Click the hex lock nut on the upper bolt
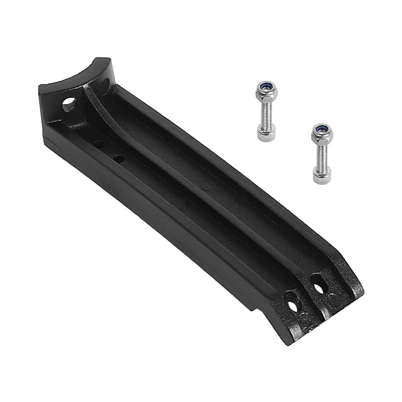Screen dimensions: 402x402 pyautogui.click(x=266, y=92)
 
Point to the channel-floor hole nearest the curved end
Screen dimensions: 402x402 pyautogui.click(x=98, y=144)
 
